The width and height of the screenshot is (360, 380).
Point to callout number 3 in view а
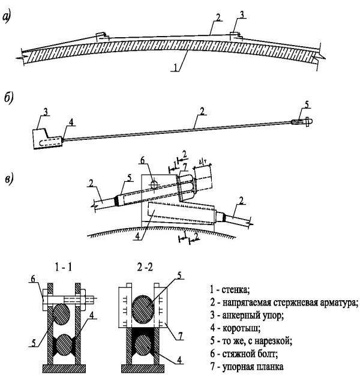pos(241,14)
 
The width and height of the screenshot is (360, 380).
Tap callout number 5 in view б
pos(308,105)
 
